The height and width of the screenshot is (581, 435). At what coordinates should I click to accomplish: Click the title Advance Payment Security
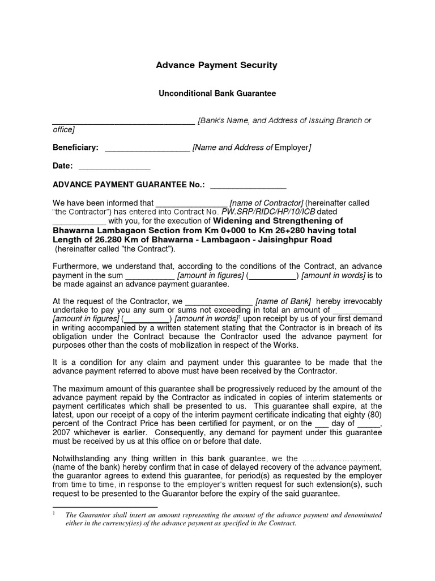pyautogui.click(x=217, y=65)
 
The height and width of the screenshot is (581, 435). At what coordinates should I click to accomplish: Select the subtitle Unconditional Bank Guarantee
pyautogui.click(x=217, y=93)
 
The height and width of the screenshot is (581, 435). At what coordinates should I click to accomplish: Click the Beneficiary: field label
pyautogui.click(x=75, y=148)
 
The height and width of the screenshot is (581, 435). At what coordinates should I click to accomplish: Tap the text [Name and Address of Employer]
pyautogui.click(x=251, y=148)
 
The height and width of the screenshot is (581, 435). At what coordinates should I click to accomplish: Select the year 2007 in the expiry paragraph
pyautogui.click(x=62, y=432)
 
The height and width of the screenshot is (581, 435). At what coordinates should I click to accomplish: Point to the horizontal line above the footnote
pyautogui.click(x=105, y=507)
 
